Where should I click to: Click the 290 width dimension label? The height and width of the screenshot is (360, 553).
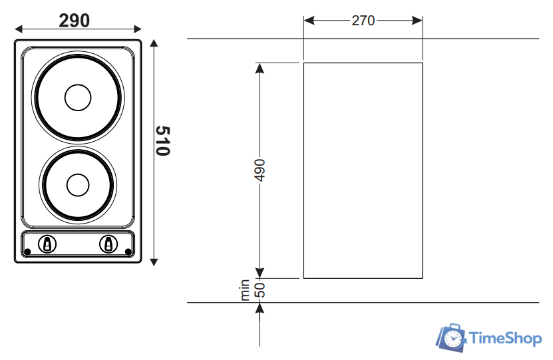74,21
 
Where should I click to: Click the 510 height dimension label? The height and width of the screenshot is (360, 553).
162,140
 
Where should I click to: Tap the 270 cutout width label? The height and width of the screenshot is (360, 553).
363,21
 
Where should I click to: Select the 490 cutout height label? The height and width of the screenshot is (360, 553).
260,170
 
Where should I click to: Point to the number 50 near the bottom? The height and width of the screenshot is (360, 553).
260,290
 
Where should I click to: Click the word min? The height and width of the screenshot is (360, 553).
244,290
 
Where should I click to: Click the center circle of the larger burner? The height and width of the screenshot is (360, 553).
78,97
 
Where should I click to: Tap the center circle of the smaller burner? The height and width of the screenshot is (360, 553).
78,185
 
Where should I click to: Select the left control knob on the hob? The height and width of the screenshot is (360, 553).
47,244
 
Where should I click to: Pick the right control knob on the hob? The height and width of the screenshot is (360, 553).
108,244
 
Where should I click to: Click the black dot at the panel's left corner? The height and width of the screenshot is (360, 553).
27,252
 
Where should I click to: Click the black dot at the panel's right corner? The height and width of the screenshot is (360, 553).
128,252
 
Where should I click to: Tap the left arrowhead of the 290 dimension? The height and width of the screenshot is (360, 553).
19,29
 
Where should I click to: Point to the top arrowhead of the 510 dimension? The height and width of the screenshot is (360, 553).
154,43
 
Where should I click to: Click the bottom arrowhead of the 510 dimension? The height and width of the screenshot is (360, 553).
154,262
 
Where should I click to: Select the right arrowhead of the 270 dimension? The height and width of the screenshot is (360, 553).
417,21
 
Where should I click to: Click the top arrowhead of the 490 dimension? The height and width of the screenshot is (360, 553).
260,69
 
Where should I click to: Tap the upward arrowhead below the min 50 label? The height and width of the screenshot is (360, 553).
260,308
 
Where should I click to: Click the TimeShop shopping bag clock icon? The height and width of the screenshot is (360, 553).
451,338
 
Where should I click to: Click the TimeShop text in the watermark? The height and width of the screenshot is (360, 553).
505,338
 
